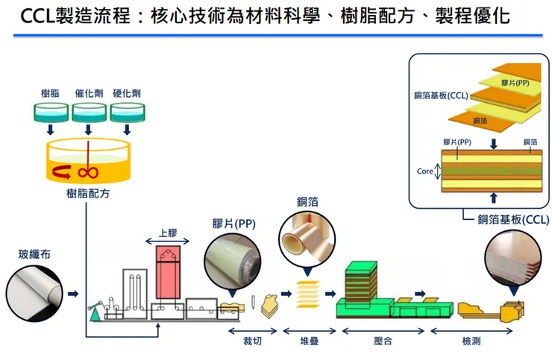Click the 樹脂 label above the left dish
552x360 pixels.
tap(50, 93)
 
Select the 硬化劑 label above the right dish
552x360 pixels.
tap(127, 93)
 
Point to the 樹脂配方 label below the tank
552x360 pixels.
tap(87, 195)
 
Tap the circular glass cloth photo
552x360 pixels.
tap(34, 292)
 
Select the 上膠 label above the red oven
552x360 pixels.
tap(168, 233)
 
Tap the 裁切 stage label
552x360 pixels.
tap(252, 341)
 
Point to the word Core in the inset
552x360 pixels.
tap(424, 171)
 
